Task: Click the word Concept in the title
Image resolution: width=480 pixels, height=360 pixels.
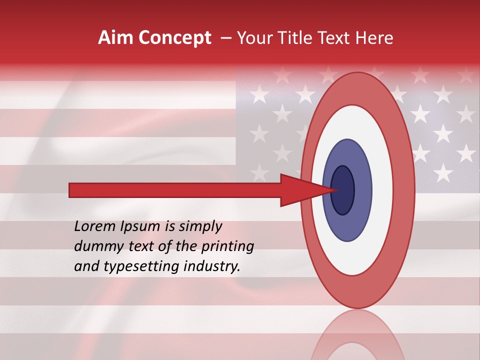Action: tap(175, 38)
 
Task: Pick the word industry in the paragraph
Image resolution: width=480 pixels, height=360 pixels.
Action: tap(212, 266)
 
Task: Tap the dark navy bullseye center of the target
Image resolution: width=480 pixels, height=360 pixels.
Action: tap(342, 190)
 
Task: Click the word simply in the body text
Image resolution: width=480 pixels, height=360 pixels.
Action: tap(199, 226)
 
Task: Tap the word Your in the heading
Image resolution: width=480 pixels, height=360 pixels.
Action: tap(253, 38)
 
